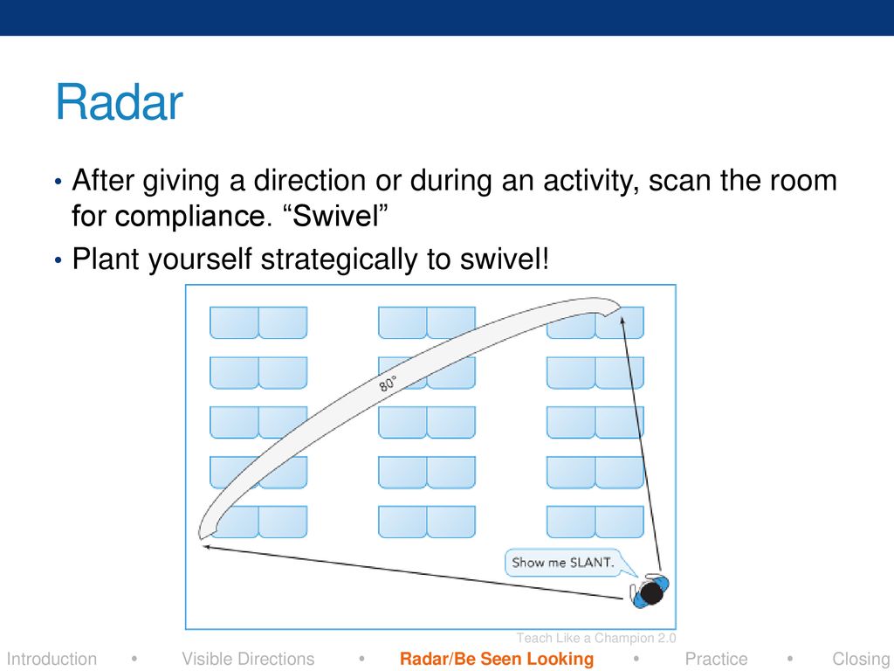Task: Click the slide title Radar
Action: (119, 103)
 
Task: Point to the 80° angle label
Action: (388, 384)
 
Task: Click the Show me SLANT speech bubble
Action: (563, 563)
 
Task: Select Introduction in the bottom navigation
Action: (52, 659)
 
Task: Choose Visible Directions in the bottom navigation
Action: (248, 659)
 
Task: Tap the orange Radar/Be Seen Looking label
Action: (497, 659)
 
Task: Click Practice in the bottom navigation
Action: (716, 659)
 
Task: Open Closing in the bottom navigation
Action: (862, 659)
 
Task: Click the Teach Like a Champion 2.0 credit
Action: (596, 638)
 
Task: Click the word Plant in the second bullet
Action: (106, 259)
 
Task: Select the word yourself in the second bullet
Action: (200, 260)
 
